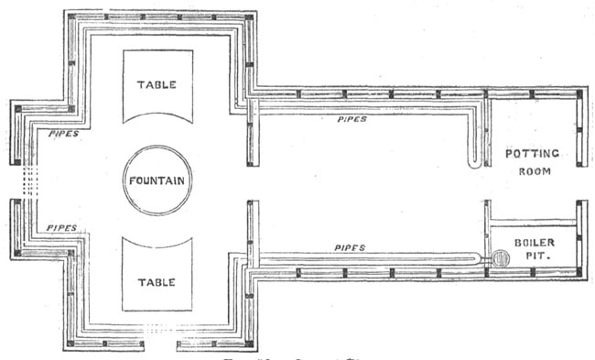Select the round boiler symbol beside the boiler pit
(499, 259)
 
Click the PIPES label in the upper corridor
(352, 118)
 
